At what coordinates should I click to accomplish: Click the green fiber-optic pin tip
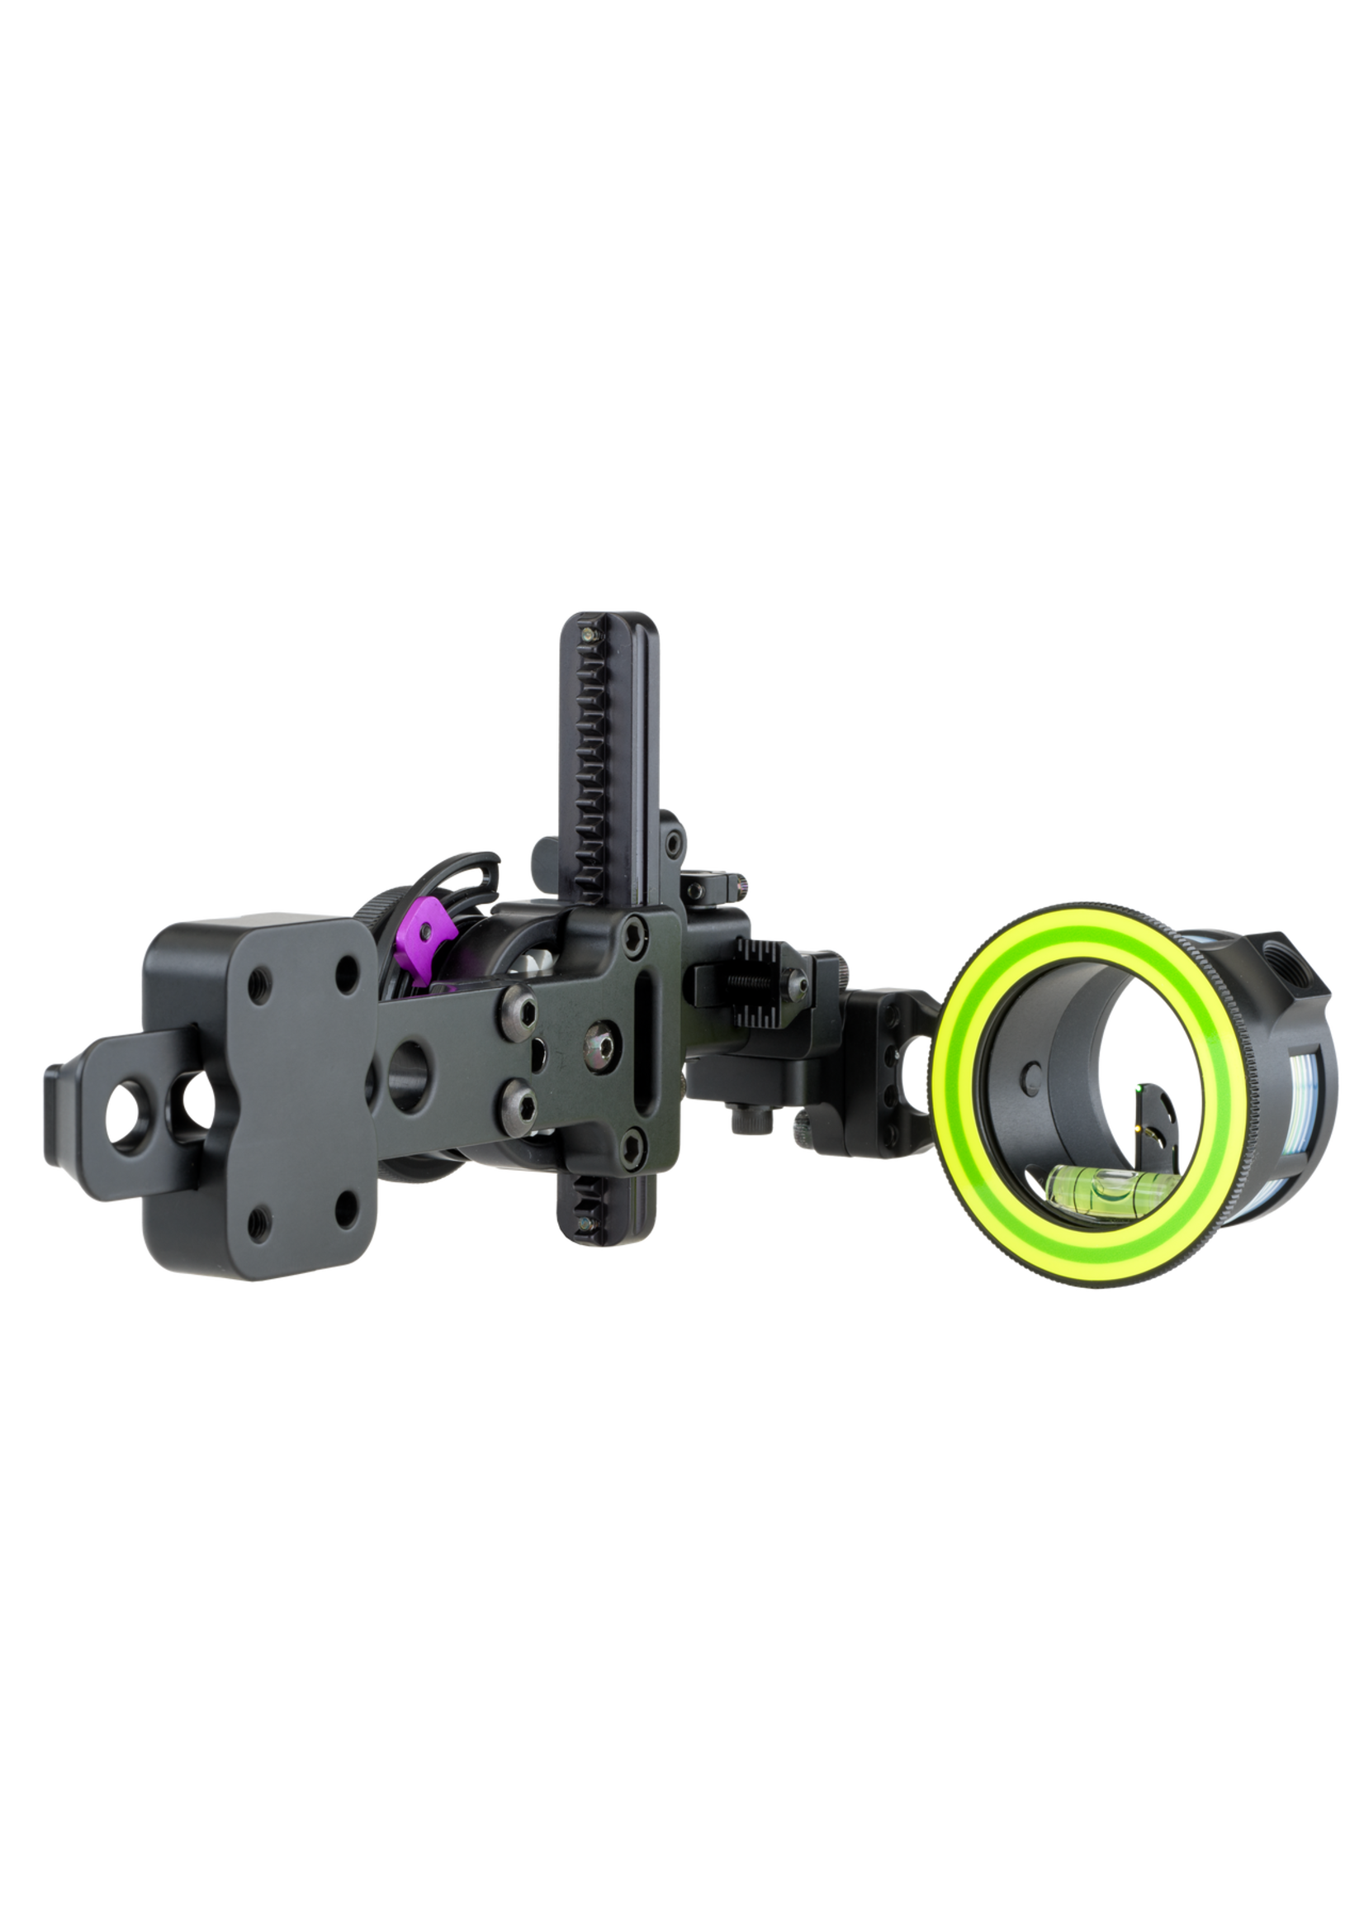1134,1087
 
